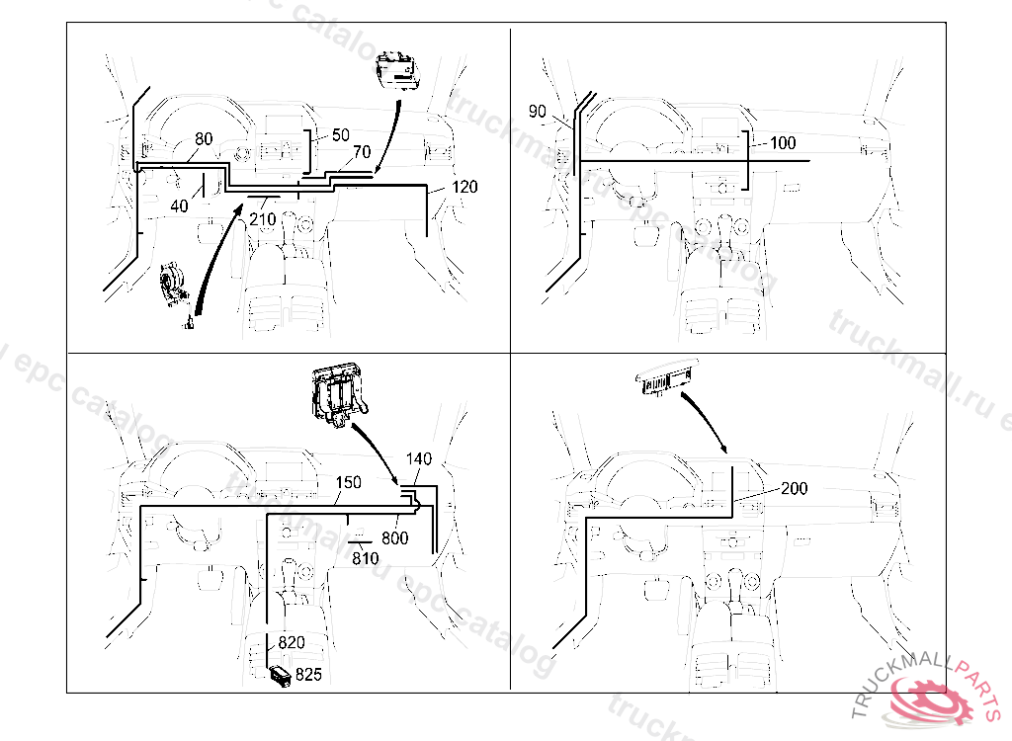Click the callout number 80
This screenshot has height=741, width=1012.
click(x=203, y=139)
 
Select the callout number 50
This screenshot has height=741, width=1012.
click(x=340, y=133)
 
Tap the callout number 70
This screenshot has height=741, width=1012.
click(x=362, y=152)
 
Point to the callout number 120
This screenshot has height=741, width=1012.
click(x=464, y=187)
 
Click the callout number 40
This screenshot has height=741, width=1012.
click(x=179, y=206)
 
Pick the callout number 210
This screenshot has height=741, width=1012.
click(x=262, y=218)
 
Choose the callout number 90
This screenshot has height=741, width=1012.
click(x=537, y=112)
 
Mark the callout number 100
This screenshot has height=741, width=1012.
click(x=782, y=143)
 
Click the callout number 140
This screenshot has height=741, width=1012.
click(x=420, y=459)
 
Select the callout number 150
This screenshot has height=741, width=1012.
click(x=348, y=482)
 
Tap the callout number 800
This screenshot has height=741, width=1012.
click(x=395, y=537)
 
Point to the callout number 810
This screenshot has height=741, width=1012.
click(x=366, y=558)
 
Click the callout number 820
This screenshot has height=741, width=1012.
click(x=291, y=642)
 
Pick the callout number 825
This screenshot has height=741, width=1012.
click(x=309, y=676)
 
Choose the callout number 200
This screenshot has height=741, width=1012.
click(x=795, y=488)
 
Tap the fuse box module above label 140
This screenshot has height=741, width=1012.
click(x=336, y=396)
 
